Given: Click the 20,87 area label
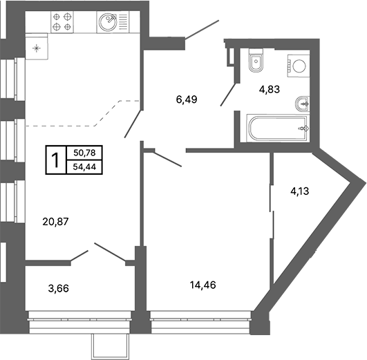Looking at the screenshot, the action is tap(55, 221).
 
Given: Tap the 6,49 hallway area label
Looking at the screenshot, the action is tap(187, 100).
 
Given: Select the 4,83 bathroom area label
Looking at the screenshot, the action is tap(269, 89).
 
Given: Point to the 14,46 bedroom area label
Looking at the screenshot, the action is tap(203, 285).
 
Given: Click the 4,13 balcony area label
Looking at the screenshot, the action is tap(299, 191).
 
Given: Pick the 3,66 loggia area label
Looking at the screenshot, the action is tap(59, 288).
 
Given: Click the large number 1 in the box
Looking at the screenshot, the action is tap(56, 160).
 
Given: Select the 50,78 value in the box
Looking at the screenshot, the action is tap(84, 153).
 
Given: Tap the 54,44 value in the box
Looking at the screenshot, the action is tap(84, 167).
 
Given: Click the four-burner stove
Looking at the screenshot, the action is tap(62, 22).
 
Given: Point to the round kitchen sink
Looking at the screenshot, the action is tap(108, 22).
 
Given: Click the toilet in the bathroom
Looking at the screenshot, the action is tap(256, 61).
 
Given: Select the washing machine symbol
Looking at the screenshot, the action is tap(299, 66).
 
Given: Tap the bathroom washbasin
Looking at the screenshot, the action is tap(303, 104).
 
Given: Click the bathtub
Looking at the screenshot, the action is tap(279, 129).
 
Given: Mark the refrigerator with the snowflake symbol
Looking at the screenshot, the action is tap(37, 46).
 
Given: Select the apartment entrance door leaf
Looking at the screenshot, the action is tap(202, 29).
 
